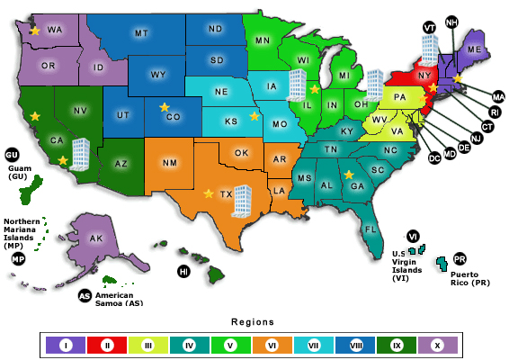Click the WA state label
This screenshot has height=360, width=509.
coord(56,30)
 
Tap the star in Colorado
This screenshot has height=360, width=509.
coord(164,107)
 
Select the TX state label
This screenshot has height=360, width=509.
coord(227,193)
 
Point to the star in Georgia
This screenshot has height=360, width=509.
coord(348,175)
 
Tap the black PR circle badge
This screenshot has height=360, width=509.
coord(460,258)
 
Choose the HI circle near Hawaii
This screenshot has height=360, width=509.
coord(183,271)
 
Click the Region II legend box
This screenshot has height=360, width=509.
coord(106,344)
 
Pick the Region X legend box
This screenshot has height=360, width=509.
coord(437,344)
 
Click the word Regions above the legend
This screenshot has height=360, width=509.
coord(252,321)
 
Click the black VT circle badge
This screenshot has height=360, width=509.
coord(429,28)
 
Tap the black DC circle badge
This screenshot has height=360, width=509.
coord(434,158)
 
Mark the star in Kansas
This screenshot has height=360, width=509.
coord(254,116)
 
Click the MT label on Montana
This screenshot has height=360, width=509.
coord(141,33)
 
